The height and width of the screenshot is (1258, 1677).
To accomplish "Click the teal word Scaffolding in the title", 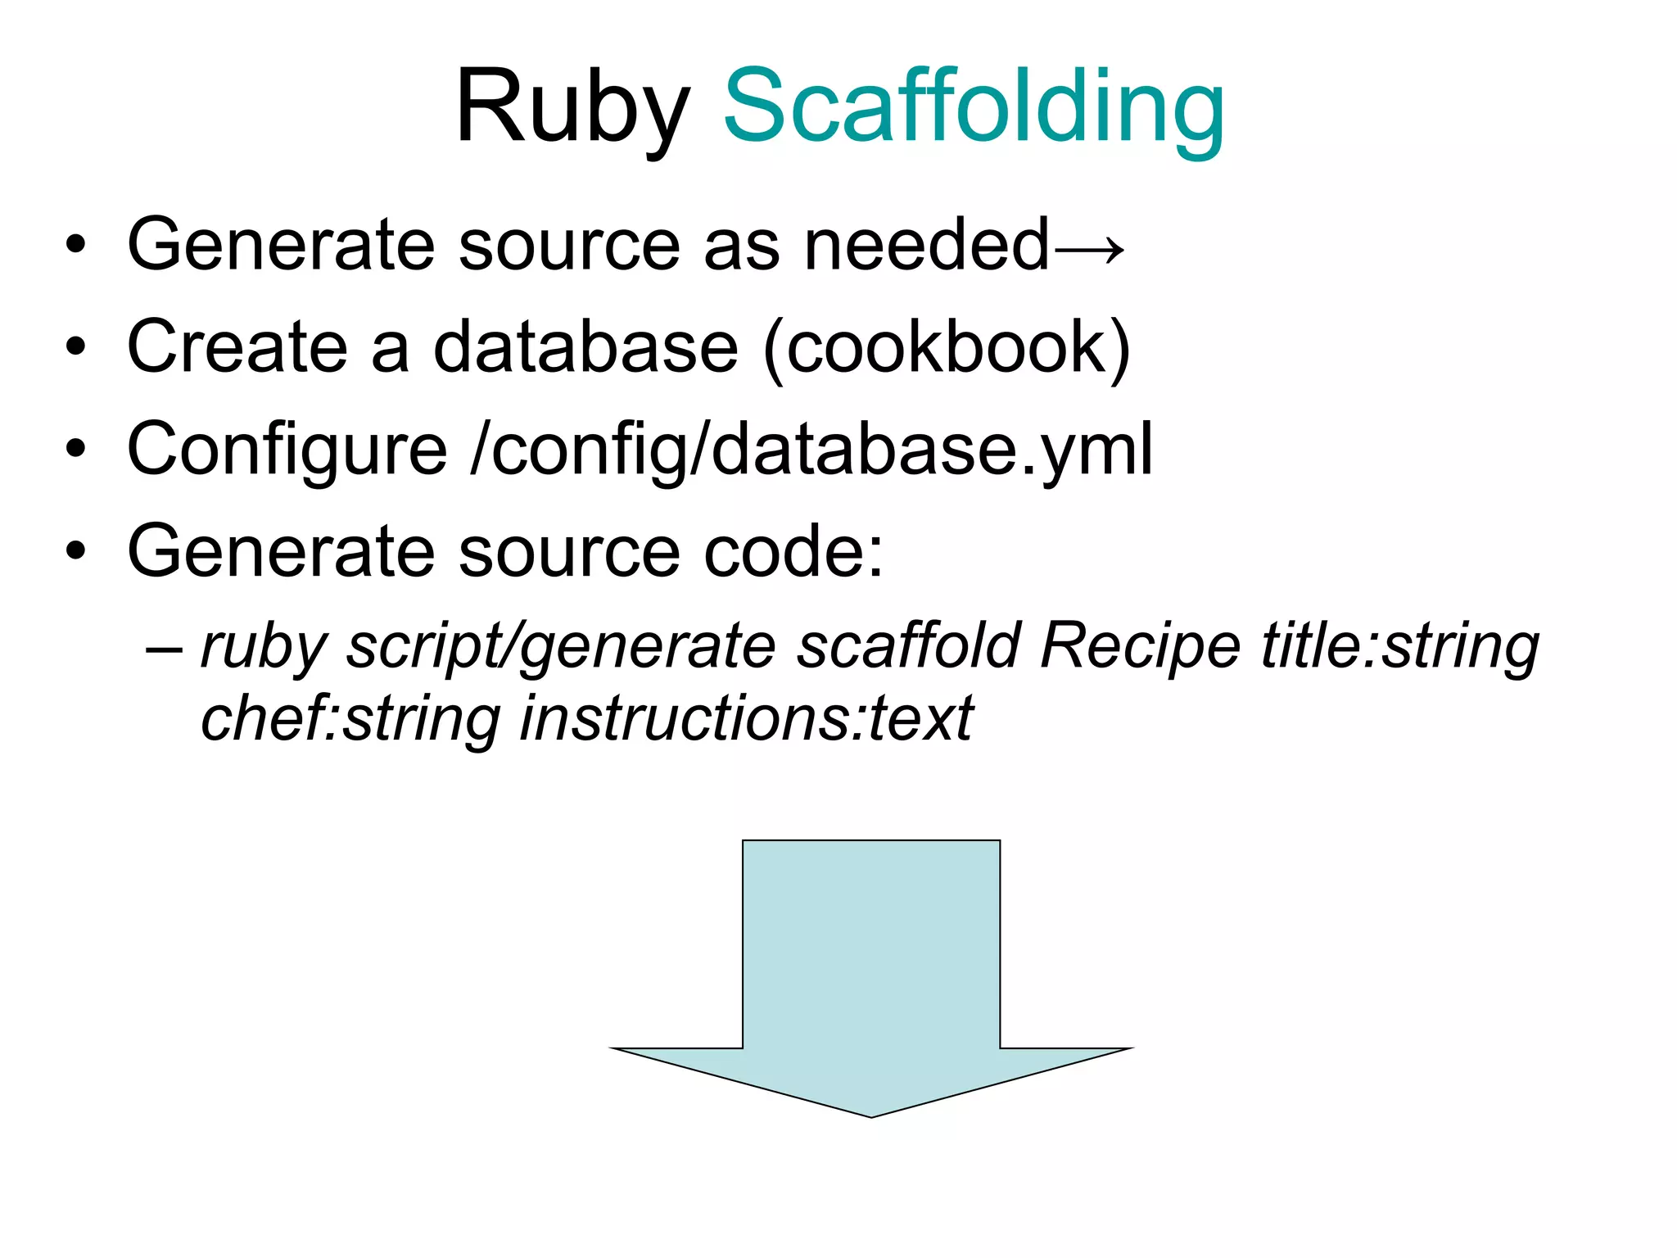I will click(x=974, y=106).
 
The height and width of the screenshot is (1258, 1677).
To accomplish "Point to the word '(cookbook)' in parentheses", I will click(x=947, y=347).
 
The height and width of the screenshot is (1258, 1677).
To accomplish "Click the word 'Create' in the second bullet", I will click(x=237, y=347).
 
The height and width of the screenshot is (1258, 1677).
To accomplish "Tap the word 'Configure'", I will click(x=287, y=450).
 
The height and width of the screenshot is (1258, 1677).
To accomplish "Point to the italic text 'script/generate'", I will click(x=561, y=647).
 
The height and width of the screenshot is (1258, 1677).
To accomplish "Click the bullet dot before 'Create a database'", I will click(x=76, y=347).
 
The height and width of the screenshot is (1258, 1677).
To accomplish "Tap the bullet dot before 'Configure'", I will click(x=76, y=450).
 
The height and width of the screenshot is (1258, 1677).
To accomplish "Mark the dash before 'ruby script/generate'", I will click(x=163, y=648).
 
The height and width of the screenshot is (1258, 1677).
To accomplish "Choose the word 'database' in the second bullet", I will click(x=585, y=347).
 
